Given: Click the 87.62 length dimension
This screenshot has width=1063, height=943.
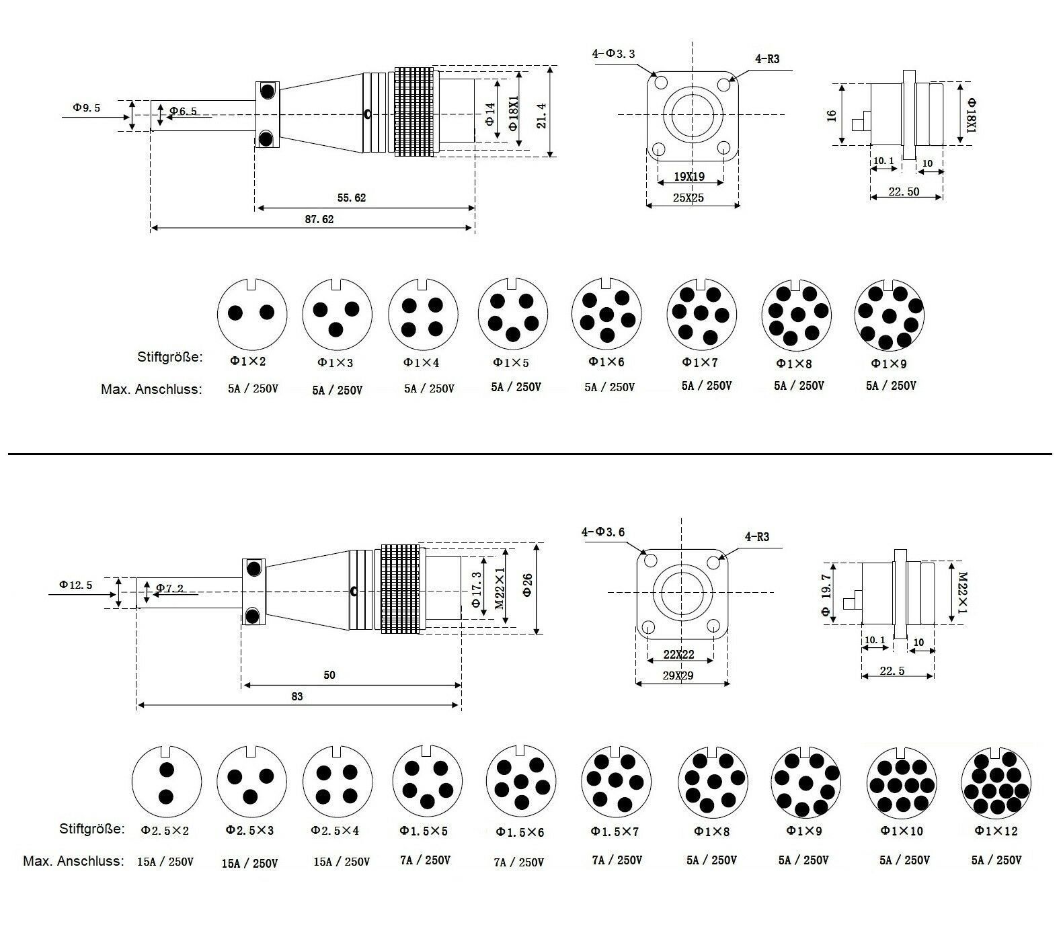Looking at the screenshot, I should [319, 219].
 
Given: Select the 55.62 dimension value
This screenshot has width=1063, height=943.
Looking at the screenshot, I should [351, 198].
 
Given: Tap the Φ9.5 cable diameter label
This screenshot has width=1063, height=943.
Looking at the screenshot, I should [86, 108].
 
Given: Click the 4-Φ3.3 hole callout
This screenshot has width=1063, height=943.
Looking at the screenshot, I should [613, 54].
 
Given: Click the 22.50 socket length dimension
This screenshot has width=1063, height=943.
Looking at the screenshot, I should [904, 192].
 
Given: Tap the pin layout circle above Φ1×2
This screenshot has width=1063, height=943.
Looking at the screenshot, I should [251, 313].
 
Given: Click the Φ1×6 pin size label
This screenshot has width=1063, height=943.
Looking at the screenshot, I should [606, 362].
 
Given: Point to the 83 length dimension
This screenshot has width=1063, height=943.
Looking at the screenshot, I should [297, 696].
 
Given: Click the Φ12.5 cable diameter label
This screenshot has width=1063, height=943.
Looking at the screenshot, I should [75, 585].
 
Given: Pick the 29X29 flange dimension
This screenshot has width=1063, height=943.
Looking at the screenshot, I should [678, 675].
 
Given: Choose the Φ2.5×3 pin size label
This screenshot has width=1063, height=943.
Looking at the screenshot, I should [249, 831].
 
